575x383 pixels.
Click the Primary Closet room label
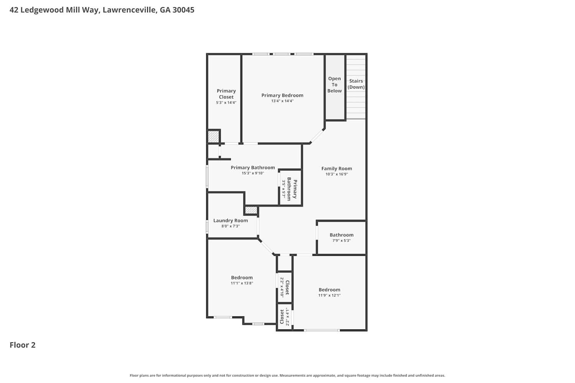click(226, 94)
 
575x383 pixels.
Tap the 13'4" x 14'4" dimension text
click(283, 101)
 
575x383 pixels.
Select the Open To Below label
click(335, 85)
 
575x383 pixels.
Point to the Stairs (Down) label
click(356, 84)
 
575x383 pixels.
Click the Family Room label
click(337, 169)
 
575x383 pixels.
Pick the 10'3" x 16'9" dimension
click(337, 174)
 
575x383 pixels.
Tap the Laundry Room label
click(230, 221)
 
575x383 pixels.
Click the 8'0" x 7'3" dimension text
click(230, 226)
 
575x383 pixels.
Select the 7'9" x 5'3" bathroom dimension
click(342, 241)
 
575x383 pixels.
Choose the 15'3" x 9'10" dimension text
click(253, 173)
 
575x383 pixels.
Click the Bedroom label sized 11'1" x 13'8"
click(242, 278)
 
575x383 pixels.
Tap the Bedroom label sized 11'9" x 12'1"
click(329, 290)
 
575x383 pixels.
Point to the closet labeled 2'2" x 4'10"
click(285, 287)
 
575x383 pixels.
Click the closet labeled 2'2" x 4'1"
click(285, 317)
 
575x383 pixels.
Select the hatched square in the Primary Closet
click(213, 136)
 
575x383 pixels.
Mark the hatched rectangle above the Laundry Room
click(251, 210)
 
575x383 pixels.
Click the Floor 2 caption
click(23, 345)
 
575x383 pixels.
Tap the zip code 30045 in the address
click(183, 10)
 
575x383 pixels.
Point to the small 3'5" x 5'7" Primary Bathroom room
click(290, 188)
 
